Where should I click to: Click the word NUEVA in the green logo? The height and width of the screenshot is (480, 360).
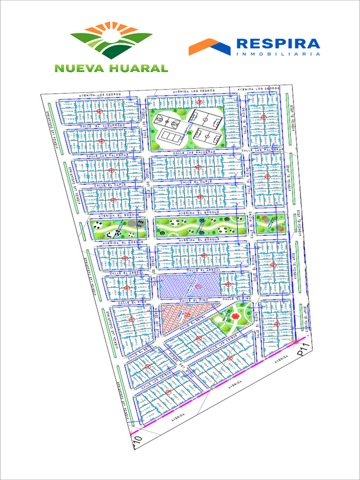point(80,68)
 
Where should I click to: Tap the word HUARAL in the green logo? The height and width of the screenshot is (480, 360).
point(138,68)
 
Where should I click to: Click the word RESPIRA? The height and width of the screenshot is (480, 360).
point(278,44)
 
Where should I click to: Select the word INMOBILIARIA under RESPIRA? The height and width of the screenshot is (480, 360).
point(278,54)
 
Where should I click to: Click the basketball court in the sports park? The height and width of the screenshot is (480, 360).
point(167,121)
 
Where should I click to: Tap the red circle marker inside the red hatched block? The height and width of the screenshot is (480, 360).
point(187,315)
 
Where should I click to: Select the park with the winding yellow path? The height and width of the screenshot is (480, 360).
point(201,226)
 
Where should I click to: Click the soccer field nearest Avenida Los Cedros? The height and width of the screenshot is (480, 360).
point(205,119)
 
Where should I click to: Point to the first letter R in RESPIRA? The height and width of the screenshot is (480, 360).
point(242,44)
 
